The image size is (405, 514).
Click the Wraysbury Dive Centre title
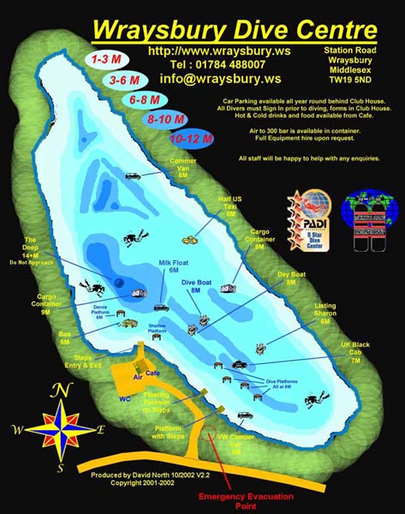click(235, 30)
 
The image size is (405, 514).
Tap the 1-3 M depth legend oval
click(104, 61)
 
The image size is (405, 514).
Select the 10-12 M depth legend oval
click(190, 136)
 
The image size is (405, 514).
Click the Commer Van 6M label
click(183, 166)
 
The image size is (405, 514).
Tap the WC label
click(125, 398)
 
